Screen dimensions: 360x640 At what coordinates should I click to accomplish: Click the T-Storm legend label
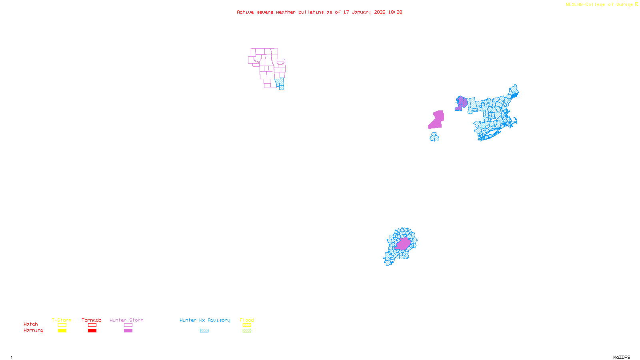62,320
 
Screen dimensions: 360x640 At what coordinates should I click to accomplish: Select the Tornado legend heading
92,320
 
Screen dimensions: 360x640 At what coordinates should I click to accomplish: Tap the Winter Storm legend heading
126,320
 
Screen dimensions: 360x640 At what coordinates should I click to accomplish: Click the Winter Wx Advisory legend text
205,320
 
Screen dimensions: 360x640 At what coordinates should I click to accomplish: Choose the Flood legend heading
247,320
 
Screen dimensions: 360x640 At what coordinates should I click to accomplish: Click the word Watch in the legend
31,324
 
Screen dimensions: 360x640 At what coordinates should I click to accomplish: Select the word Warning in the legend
33,330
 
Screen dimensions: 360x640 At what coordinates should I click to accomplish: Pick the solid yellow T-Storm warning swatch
62,331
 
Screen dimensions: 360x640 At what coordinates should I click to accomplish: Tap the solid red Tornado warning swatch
92,331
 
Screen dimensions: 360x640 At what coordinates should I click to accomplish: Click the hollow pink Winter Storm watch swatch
128,325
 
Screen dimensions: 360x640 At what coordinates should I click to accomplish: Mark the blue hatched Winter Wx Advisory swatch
204,331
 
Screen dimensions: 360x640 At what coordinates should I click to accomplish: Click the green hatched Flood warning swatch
247,331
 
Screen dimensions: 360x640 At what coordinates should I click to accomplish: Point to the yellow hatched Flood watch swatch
247,325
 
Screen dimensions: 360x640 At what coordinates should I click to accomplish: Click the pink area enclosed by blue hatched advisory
403,244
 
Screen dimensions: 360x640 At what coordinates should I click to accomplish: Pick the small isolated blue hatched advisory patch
434,137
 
